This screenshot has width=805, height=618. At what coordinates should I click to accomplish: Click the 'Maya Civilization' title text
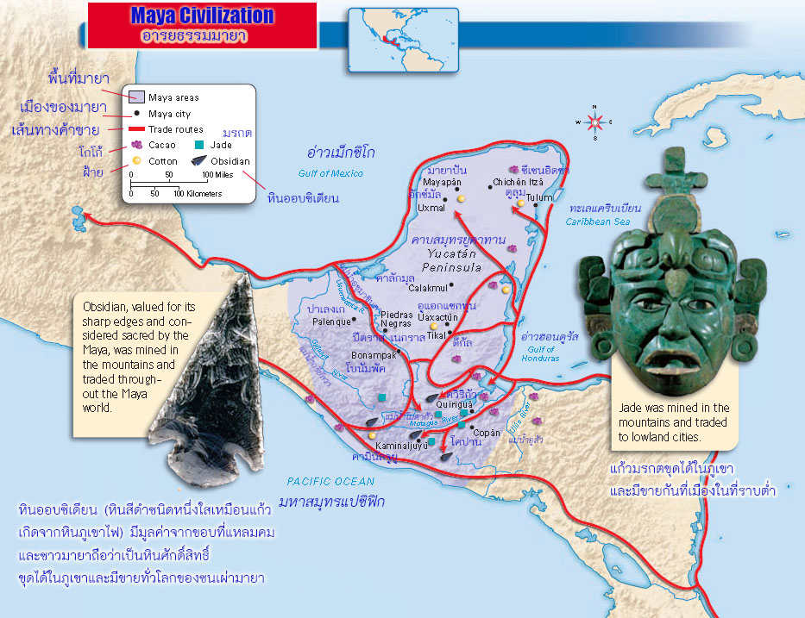click(202, 16)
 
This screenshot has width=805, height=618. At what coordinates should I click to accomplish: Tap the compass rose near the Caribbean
click(594, 122)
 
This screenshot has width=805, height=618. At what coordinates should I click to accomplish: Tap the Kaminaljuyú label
click(402, 446)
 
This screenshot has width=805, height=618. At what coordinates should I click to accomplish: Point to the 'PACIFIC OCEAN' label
click(331, 482)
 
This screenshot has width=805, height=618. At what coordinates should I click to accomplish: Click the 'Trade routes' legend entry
click(176, 129)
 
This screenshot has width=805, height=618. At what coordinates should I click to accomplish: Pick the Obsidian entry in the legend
click(230, 160)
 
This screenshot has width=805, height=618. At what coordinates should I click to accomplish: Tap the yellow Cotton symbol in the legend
click(136, 161)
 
